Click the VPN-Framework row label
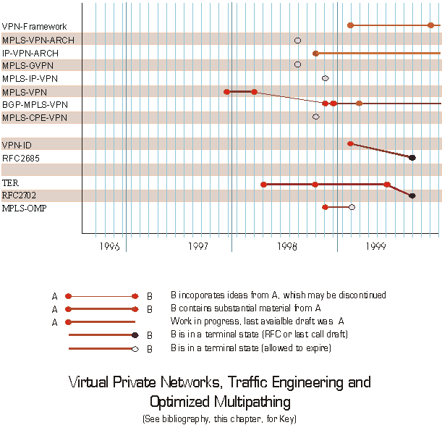click(34, 27)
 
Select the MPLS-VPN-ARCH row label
click(38, 40)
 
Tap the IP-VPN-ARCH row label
click(31, 53)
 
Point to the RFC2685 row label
click(20, 156)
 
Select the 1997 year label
click(198, 246)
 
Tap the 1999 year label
click(375, 246)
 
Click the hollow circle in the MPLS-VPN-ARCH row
click(297, 39)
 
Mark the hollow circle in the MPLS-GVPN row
click(297, 64)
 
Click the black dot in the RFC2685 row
click(412, 157)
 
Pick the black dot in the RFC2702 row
click(412, 195)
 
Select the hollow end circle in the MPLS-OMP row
click(352, 207)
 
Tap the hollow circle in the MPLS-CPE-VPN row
click(315, 116)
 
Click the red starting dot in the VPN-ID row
click(350, 143)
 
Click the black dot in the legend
click(135, 335)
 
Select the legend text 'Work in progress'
click(201, 321)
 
